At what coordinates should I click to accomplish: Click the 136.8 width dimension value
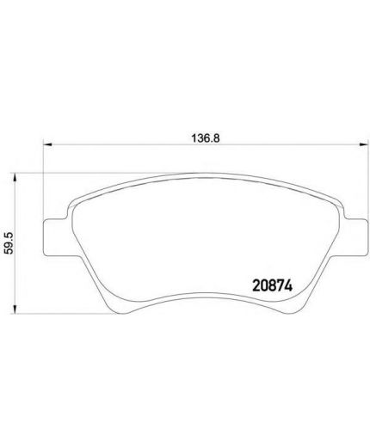click(x=206, y=138)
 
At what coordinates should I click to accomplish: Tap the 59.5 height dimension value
click(x=9, y=243)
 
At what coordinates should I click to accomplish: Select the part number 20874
click(x=272, y=285)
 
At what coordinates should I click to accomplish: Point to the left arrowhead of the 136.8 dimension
click(x=47, y=144)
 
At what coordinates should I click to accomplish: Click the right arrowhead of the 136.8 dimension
click(x=363, y=144)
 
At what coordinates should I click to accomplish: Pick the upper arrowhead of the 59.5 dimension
click(x=15, y=177)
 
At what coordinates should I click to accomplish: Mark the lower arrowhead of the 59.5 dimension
click(x=15, y=309)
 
